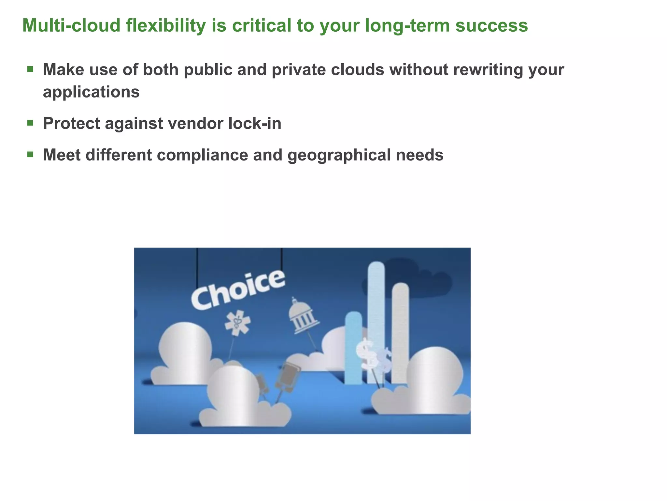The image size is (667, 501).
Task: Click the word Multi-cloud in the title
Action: pos(71,25)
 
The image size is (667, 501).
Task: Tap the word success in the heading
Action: pos(491,25)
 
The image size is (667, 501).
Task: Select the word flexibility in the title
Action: pos(166,25)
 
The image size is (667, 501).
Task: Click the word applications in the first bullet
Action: pos(91,92)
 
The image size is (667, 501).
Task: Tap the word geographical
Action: pos(339,155)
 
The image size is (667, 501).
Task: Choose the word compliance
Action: pos(202,155)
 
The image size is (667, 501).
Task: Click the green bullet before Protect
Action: pos(30,123)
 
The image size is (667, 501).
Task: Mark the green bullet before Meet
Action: pos(30,154)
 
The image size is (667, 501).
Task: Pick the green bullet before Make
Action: pos(30,69)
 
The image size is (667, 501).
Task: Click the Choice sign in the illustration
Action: pos(238,290)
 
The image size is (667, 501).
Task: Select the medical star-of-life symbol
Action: pos(237,323)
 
